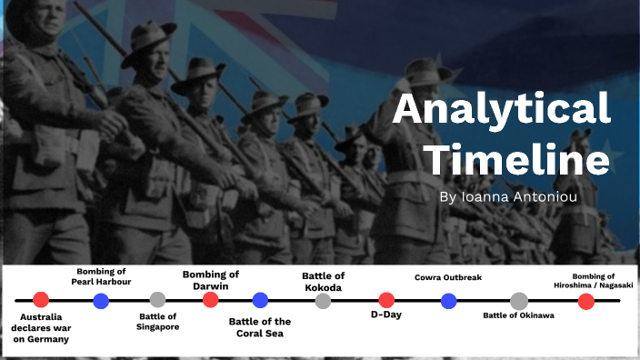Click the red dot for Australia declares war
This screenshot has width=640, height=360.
coord(40,300)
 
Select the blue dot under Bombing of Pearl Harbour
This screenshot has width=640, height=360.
coord(101,300)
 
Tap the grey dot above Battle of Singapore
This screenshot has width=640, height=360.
coord(157,299)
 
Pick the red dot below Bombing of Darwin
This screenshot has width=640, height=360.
coord(211,300)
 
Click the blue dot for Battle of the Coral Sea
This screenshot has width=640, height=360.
coord(260,300)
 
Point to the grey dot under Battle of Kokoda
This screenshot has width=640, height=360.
coord(323,300)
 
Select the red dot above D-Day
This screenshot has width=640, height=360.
coord(386,300)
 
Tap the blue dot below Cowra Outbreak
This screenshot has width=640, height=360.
coord(448,300)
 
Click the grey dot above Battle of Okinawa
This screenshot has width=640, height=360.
coord(518,301)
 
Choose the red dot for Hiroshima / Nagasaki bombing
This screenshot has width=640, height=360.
coord(586,301)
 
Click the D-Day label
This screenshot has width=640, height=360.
coord(386,315)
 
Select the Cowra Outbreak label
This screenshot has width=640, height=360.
coord(448,277)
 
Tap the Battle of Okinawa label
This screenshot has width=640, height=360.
coord(518,315)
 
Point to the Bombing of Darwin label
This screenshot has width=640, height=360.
coord(211,280)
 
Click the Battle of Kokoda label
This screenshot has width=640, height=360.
coord(323,282)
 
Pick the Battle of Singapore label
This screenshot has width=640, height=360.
coord(157,323)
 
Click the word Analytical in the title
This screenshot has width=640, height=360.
coord(502,110)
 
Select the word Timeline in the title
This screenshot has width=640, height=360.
coord(518,161)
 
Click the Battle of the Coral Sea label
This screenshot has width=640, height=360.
coord(260,327)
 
